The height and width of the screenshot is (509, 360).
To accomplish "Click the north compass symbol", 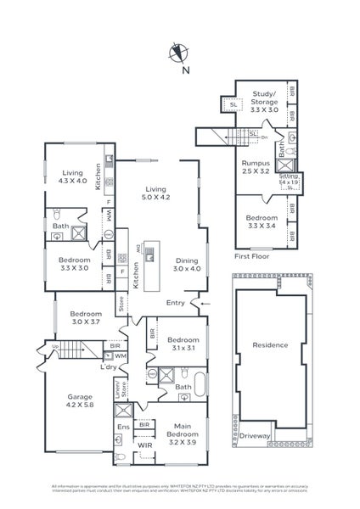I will coord(178,53).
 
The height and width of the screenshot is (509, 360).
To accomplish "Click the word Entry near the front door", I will coord(175,303).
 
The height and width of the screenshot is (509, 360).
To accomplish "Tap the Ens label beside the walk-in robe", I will coord(122,428).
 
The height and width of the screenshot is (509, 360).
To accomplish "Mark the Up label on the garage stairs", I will coord(55,348).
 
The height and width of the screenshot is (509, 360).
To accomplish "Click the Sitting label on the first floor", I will coord(289,179).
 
